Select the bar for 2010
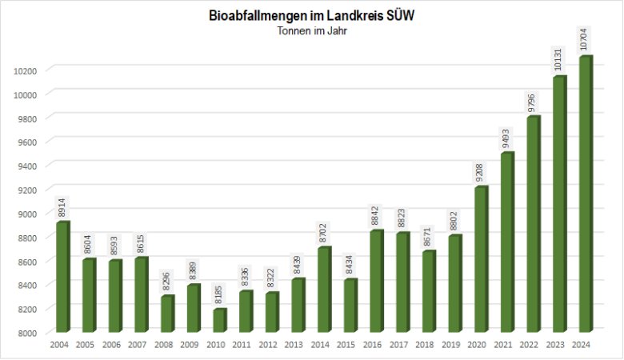(x=219, y=320)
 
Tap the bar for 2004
(x=62, y=277)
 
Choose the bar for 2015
(x=350, y=306)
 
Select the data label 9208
(x=480, y=171)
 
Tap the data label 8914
(x=62, y=207)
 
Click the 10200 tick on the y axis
(x=26, y=70)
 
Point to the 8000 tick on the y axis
(x=28, y=332)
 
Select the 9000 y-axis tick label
(x=28, y=213)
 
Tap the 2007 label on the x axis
(x=138, y=345)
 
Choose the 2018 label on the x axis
(x=426, y=345)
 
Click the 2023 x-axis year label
(x=558, y=345)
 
